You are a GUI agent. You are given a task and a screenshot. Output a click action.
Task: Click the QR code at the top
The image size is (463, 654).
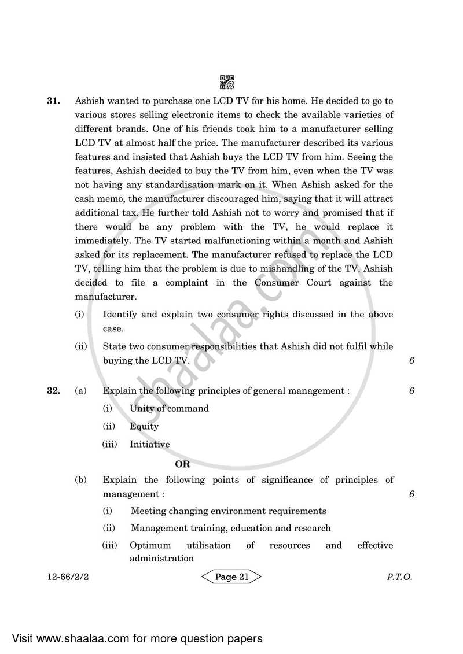click(x=227, y=82)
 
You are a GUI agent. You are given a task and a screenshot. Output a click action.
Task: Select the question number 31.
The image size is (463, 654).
click(x=54, y=101)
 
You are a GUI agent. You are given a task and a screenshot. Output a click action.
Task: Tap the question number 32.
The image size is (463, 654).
click(x=54, y=391)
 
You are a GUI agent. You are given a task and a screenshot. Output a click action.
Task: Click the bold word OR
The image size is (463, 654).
click(x=183, y=464)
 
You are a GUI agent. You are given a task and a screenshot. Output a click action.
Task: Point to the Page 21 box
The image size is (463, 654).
click(x=231, y=577)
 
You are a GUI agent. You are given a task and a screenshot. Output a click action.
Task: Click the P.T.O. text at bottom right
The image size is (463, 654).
click(x=400, y=577)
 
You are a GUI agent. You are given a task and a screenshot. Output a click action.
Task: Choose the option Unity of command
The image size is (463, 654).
click(x=169, y=408)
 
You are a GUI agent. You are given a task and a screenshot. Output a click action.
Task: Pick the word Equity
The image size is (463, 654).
click(x=144, y=426)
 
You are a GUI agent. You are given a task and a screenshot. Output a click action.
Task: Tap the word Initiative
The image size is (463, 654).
click(x=150, y=445)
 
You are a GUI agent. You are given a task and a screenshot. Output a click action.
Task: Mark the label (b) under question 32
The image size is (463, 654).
click(x=81, y=480)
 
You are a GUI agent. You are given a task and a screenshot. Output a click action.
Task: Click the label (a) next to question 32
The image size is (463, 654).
click(x=81, y=391)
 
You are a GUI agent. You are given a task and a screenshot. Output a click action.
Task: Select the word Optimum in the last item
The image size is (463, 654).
click(x=150, y=545)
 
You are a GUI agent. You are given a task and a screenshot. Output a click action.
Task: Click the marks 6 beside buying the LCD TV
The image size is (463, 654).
click(x=411, y=361)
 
